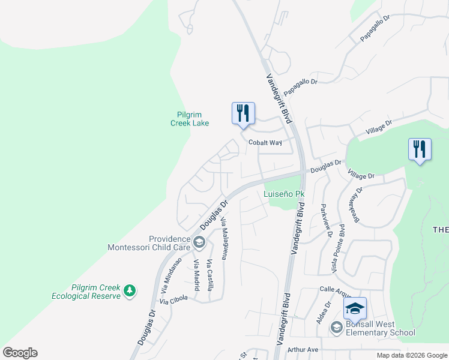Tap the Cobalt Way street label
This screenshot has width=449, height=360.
[265, 143]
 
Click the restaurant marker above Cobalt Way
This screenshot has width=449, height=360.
[243, 113]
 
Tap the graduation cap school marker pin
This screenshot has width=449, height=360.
[355, 308]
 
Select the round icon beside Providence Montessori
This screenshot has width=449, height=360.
[199, 242]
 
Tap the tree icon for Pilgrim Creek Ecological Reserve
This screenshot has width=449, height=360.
[129, 291]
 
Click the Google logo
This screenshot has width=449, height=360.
[20, 353]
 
